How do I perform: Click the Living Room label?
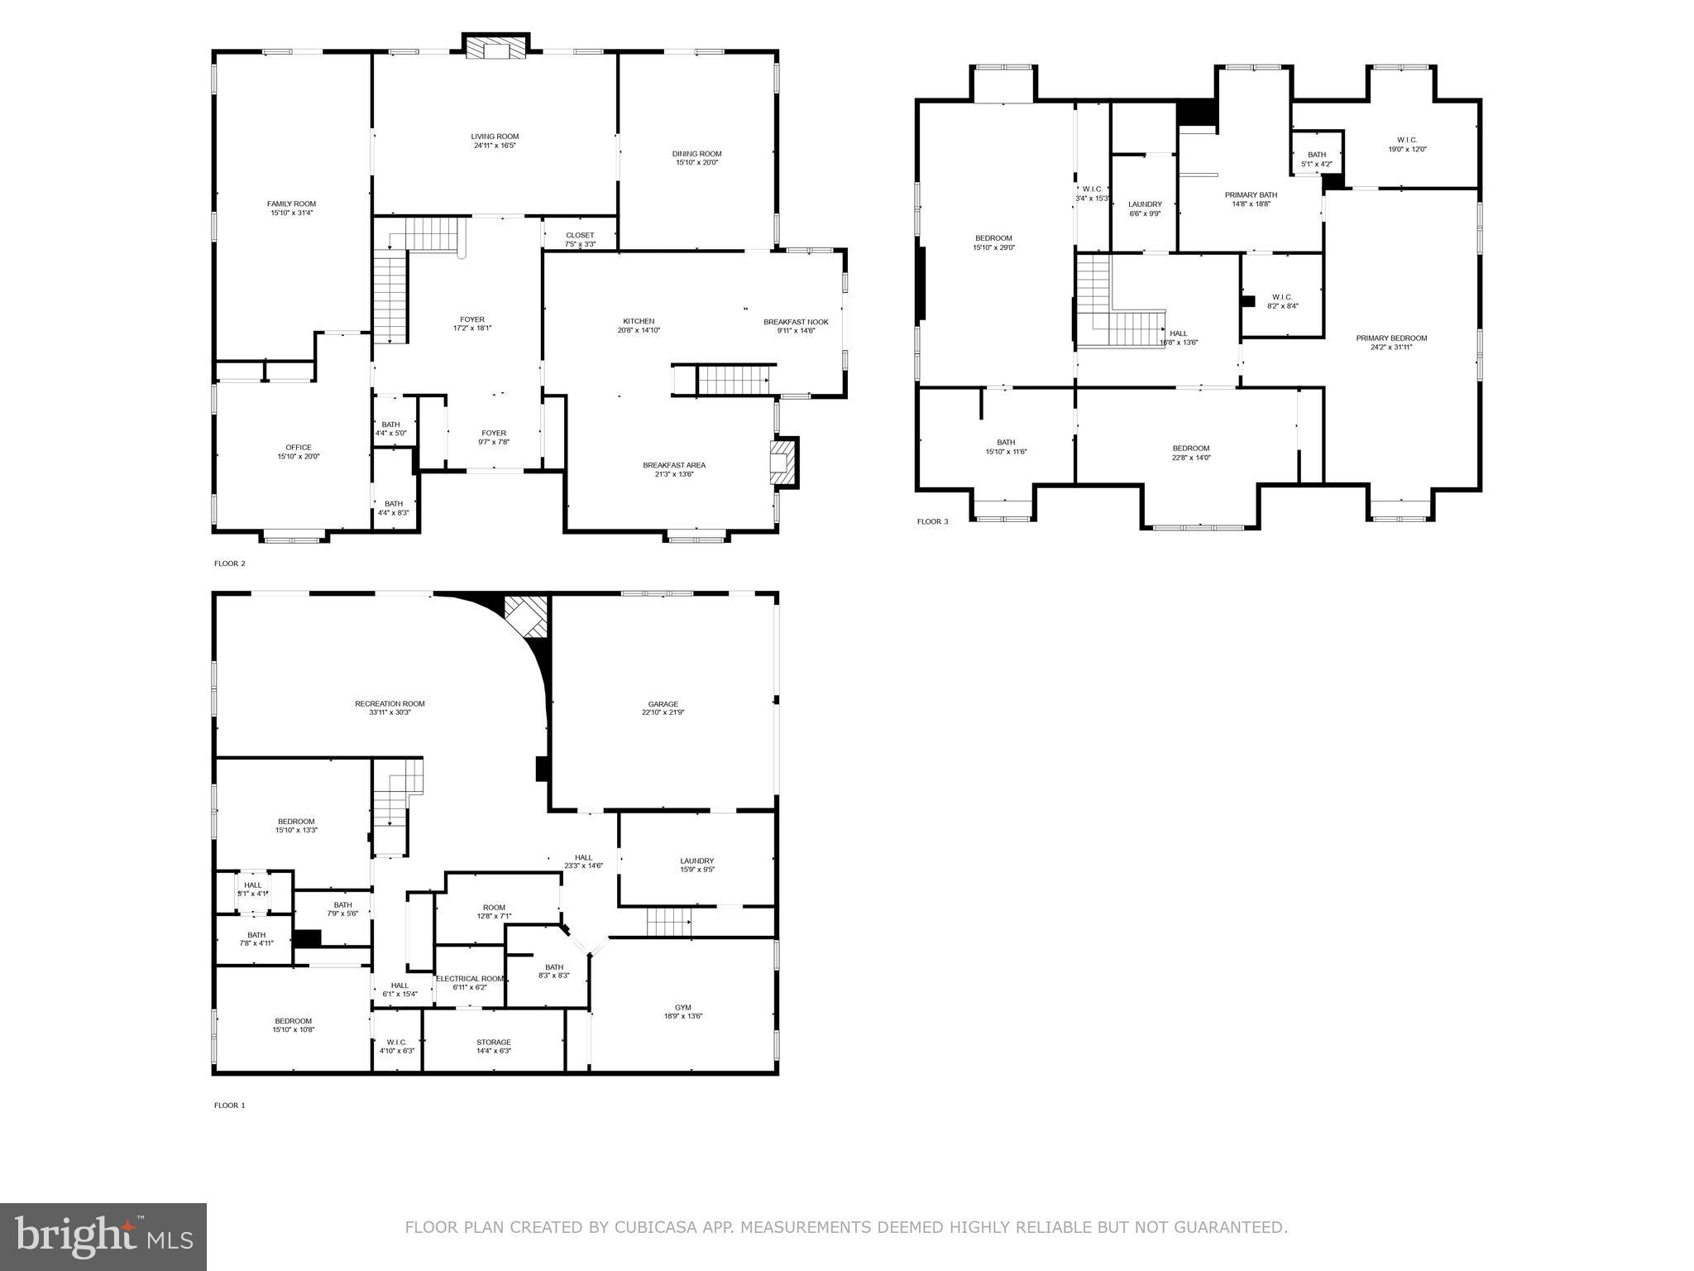(x=495, y=137)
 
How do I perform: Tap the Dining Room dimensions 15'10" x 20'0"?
(x=696, y=163)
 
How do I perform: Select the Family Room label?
(x=291, y=204)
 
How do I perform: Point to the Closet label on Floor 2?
(x=580, y=235)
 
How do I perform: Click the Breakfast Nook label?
(x=796, y=322)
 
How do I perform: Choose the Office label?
(x=299, y=448)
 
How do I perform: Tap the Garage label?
(x=663, y=704)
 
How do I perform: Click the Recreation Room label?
(x=390, y=703)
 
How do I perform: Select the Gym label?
(x=682, y=1007)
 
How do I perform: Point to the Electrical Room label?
(x=470, y=978)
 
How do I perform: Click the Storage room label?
(x=494, y=1042)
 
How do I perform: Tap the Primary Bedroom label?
(x=1391, y=338)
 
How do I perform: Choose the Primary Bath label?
(x=1251, y=194)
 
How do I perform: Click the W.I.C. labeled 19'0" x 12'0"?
(x=1407, y=140)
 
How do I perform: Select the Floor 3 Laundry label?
(x=1145, y=204)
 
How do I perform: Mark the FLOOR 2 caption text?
(x=230, y=564)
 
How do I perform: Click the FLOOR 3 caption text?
(x=933, y=521)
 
